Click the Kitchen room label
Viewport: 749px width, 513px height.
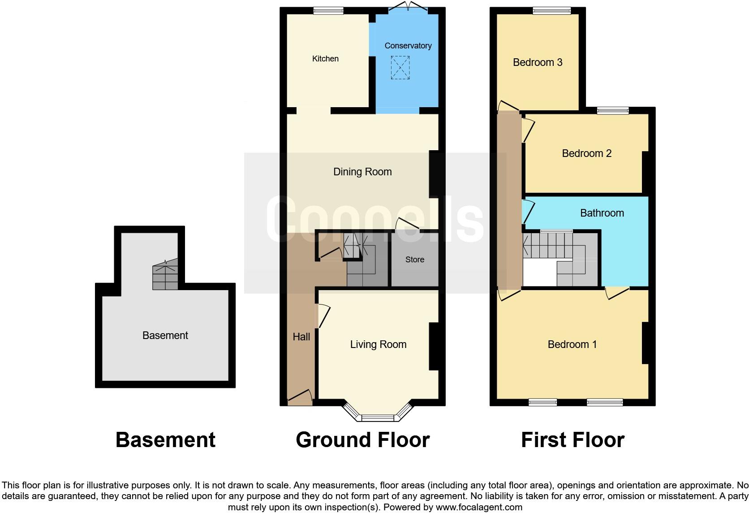click(325, 59)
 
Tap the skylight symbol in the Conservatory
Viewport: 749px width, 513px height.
click(400, 68)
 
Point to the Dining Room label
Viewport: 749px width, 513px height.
click(362, 172)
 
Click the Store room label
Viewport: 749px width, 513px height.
click(414, 260)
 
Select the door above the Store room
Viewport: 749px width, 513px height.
click(407, 224)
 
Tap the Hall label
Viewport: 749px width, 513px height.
click(301, 337)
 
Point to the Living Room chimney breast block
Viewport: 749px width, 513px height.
click(434, 346)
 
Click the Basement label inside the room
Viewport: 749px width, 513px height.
click(165, 335)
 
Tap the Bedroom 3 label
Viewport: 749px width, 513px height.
click(538, 62)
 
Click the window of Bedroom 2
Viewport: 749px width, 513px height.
click(612, 110)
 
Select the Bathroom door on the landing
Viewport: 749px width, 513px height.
click(527, 211)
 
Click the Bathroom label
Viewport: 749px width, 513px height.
click(602, 213)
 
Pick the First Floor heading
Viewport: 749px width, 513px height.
click(572, 440)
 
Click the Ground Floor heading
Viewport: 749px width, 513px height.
click(362, 440)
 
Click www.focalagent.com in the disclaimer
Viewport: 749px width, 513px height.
click(479, 507)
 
